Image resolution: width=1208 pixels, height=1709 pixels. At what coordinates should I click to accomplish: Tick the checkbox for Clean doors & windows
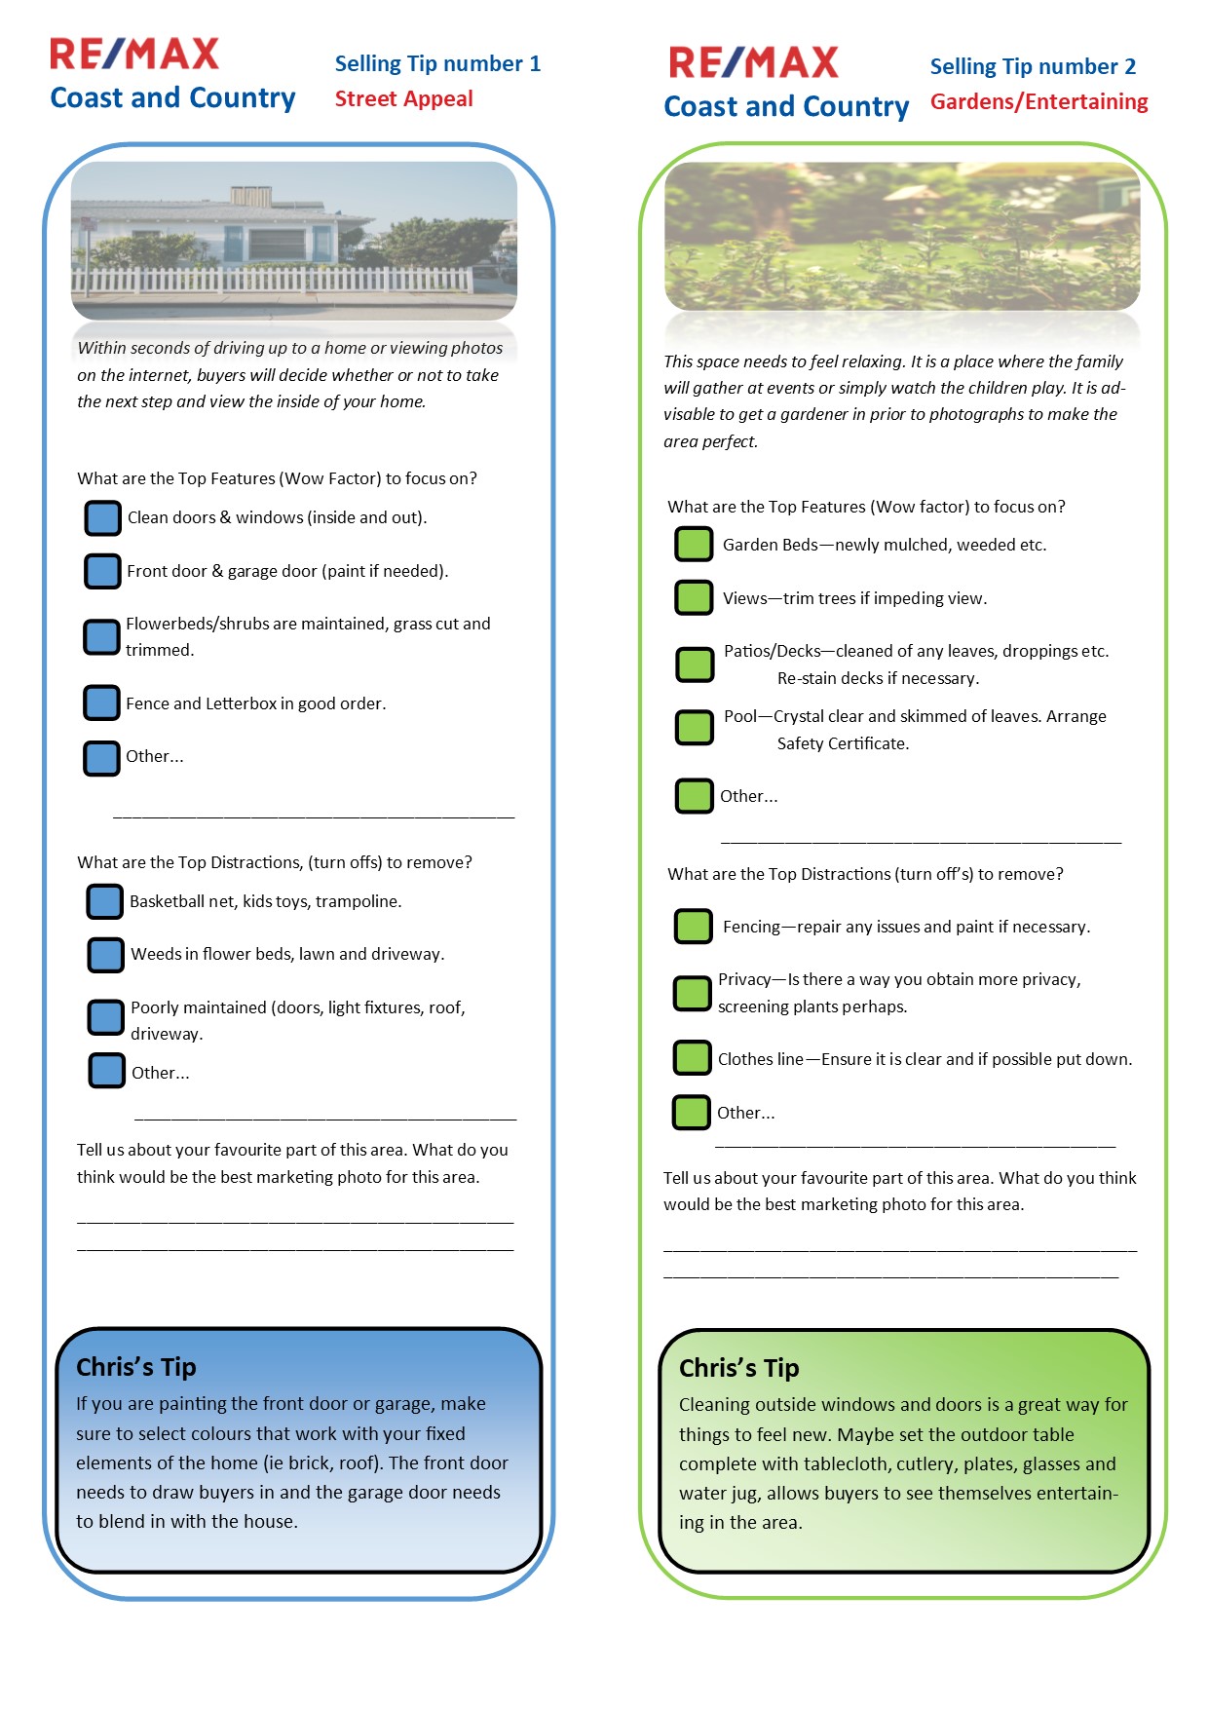102,518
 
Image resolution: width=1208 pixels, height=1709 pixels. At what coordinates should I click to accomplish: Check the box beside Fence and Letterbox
101,703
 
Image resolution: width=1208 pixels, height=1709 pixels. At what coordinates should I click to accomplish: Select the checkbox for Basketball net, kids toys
105,901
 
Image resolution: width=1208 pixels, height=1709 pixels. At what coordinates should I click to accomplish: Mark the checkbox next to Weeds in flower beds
106,955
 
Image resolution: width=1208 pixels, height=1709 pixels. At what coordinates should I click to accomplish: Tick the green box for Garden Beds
694,545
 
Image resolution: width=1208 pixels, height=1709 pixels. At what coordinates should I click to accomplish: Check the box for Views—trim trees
694,597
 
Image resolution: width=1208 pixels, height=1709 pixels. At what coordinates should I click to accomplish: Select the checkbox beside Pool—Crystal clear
695,727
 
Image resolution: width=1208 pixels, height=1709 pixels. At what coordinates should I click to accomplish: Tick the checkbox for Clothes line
692,1058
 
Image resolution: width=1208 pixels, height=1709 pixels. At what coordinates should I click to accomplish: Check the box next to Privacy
692,993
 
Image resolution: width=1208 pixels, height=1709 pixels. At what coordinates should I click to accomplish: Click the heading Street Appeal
403,99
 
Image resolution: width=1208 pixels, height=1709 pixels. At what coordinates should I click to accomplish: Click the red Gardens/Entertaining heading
1038,102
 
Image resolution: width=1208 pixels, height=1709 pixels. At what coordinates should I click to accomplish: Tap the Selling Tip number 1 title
437,64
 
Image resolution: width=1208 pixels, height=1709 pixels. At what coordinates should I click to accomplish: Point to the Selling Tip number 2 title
1033,67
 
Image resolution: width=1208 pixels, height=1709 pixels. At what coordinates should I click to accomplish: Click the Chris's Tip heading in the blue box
136,1367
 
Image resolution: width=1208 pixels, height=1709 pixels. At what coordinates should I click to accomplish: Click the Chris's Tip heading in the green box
738,1368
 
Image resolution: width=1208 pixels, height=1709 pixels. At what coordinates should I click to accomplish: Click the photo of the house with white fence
293,241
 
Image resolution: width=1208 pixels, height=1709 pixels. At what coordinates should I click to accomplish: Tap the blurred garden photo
901,237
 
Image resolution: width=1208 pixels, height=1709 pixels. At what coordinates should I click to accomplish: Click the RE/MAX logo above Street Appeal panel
134,55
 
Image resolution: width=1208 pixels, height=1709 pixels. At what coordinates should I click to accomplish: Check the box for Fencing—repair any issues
693,927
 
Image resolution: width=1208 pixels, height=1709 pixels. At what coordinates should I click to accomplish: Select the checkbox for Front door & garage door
101,571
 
